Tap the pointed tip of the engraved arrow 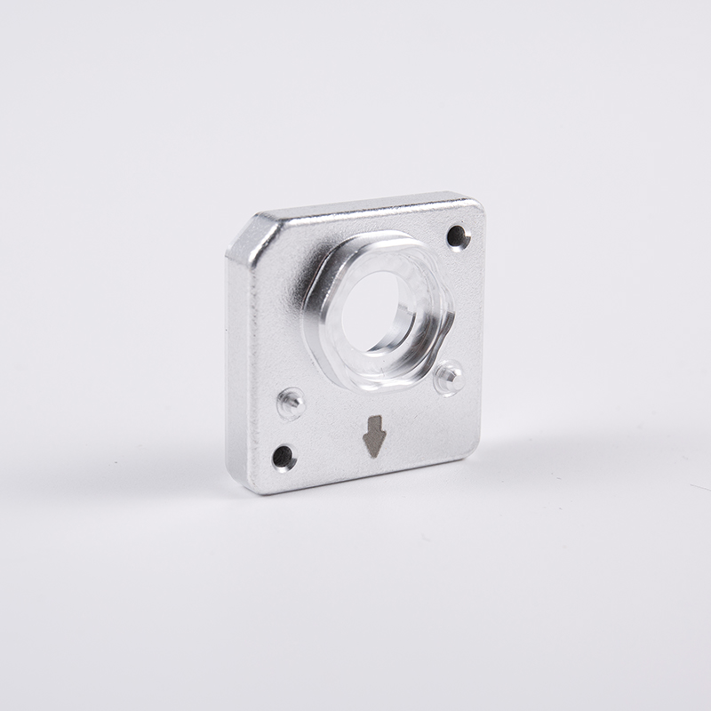coord(374,453)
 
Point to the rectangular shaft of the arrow coord(374,425)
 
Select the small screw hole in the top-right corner coord(457,236)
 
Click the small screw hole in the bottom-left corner coord(283,458)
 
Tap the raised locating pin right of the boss coord(450,377)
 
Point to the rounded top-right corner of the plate coord(475,204)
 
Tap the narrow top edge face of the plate coord(364,206)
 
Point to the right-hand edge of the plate coord(481,338)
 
